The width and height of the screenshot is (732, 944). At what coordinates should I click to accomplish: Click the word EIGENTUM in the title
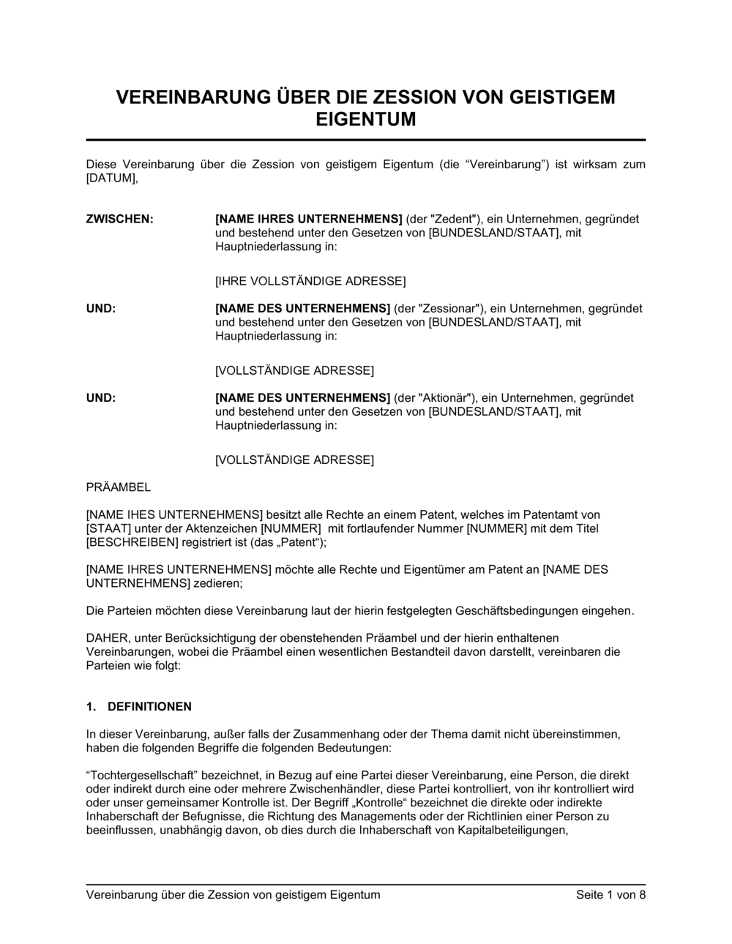pyautogui.click(x=365, y=119)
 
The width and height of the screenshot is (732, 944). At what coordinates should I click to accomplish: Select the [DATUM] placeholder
pyautogui.click(x=111, y=178)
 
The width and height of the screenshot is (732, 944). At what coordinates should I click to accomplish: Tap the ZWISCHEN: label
pyautogui.click(x=120, y=219)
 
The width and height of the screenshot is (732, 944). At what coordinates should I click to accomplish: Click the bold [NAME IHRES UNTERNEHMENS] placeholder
pyautogui.click(x=308, y=219)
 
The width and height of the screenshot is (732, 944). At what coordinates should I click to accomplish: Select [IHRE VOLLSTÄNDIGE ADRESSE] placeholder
pyautogui.click(x=310, y=281)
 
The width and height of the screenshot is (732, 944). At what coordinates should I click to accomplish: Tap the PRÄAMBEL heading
pyautogui.click(x=119, y=487)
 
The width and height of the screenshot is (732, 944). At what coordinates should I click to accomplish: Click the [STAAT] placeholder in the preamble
pyautogui.click(x=108, y=528)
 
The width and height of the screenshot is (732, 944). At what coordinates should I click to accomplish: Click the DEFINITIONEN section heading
pyautogui.click(x=149, y=707)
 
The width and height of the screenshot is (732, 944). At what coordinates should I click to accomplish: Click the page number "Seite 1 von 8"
pyautogui.click(x=610, y=894)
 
